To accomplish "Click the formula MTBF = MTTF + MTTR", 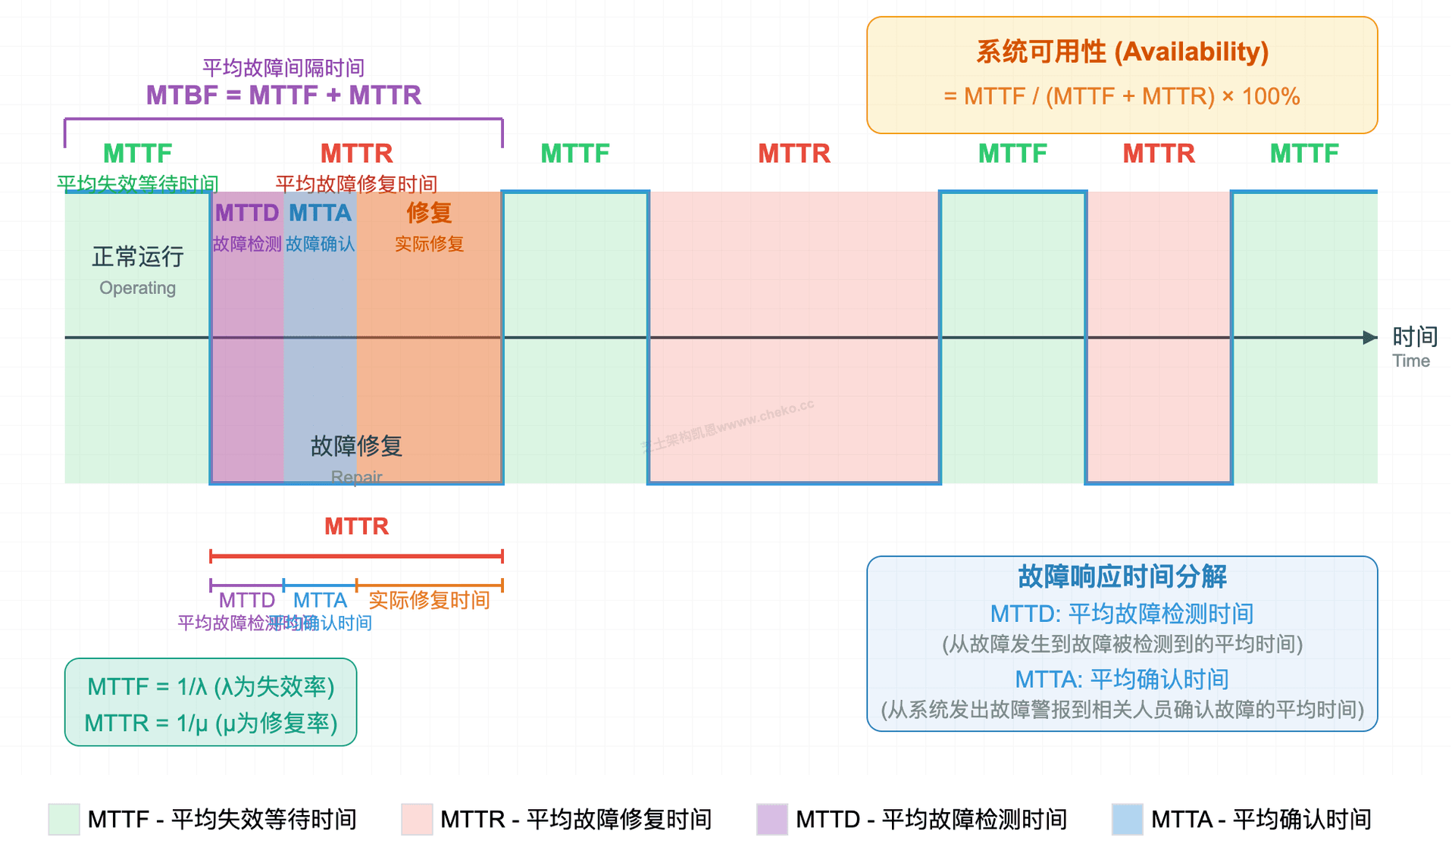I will click(283, 95).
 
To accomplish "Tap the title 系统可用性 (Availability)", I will click(1122, 52).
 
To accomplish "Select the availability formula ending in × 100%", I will click(1122, 96).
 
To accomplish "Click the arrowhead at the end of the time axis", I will click(1370, 337).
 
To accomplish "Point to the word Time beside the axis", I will click(1410, 361).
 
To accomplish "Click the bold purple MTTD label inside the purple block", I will click(247, 213).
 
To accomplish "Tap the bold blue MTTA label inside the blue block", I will click(320, 213).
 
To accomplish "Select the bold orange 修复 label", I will click(429, 213).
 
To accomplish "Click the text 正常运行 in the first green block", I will click(137, 257).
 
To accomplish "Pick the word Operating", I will click(137, 288).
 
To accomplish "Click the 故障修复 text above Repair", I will click(356, 445).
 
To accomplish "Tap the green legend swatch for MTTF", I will click(64, 820).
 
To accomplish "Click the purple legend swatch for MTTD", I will click(771, 820).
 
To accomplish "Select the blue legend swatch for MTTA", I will click(1127, 820).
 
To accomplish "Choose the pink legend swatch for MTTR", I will click(417, 820).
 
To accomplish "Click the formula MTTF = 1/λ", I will click(211, 686).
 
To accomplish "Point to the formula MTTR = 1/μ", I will click(211, 723).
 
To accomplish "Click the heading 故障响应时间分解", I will click(1122, 576).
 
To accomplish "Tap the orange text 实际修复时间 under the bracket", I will click(429, 600).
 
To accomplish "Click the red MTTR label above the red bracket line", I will click(356, 526).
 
